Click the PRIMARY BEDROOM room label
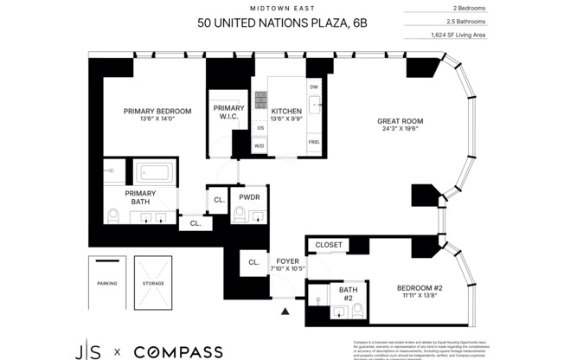click(x=157, y=111)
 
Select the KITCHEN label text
click(x=286, y=112)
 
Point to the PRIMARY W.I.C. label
click(x=229, y=112)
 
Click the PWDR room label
click(x=249, y=197)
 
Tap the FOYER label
click(x=286, y=260)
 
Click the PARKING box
click(x=106, y=284)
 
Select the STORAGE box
click(x=153, y=284)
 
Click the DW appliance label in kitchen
click(x=314, y=87)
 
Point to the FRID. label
click(x=314, y=140)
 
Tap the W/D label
click(x=260, y=145)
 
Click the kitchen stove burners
click(x=260, y=97)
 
